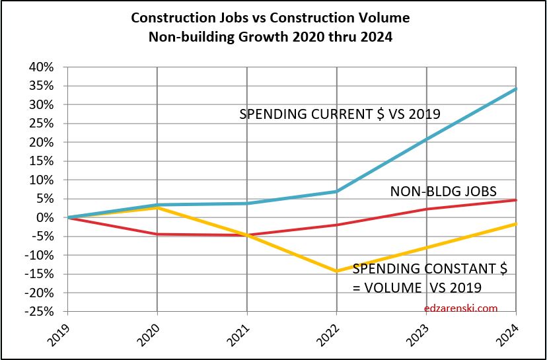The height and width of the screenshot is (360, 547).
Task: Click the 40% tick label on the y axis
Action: point(42,67)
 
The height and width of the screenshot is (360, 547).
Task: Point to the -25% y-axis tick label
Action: point(40,312)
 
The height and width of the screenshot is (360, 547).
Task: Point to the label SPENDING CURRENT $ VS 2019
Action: point(340,114)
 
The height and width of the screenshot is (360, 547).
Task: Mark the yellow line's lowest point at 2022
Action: point(337,271)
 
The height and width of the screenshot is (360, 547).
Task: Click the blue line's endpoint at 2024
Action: point(515,89)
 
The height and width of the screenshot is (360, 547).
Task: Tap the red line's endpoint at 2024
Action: point(515,200)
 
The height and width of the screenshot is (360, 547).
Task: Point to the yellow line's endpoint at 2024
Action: point(515,224)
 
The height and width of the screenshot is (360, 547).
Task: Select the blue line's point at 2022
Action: point(337,192)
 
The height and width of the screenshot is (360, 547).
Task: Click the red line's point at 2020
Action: point(157,234)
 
